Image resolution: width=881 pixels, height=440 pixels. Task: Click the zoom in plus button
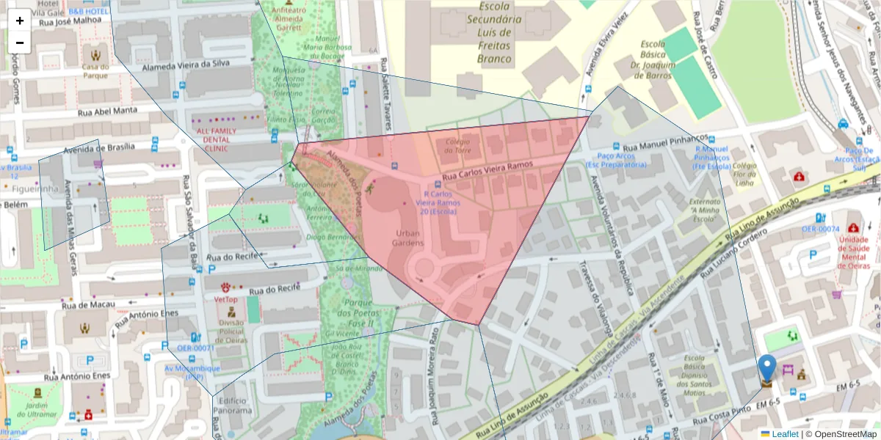click(20, 21)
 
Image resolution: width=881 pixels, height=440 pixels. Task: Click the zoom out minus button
click(20, 43)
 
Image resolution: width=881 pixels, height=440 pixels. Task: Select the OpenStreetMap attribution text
click(844, 434)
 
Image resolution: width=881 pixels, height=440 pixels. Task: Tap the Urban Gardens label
click(407, 238)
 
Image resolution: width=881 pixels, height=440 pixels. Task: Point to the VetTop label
click(225, 299)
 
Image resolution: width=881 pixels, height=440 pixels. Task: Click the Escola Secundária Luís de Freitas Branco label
click(494, 32)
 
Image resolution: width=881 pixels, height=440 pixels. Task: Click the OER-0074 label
click(820, 229)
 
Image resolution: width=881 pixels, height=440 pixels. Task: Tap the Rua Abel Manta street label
click(107, 111)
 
